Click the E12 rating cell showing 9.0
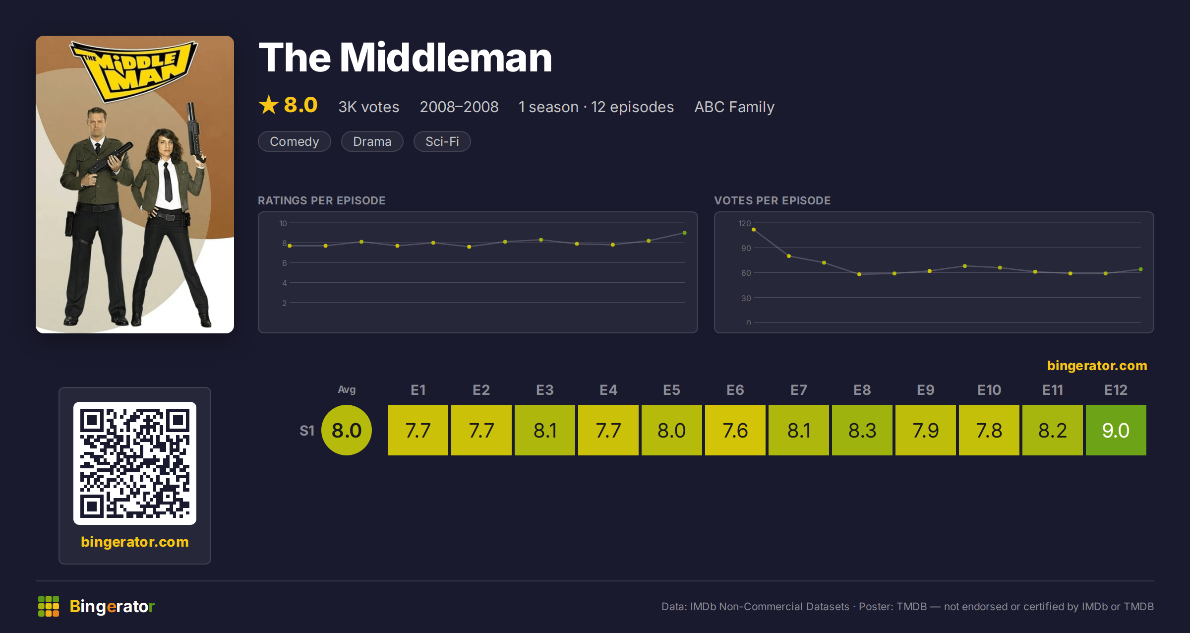click(x=1116, y=430)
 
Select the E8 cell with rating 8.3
click(x=862, y=430)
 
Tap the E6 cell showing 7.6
click(x=735, y=430)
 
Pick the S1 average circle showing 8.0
click(x=347, y=430)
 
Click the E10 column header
click(x=989, y=390)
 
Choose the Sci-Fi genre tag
click(x=442, y=141)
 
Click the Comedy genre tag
click(x=294, y=141)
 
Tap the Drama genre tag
click(x=372, y=141)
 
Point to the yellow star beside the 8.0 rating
click(x=269, y=105)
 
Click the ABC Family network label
click(x=734, y=107)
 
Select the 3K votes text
click(x=368, y=107)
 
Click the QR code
click(x=135, y=463)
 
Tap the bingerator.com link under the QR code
click(x=135, y=541)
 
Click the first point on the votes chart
click(x=754, y=230)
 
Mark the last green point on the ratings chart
click(x=684, y=233)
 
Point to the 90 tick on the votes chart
click(x=746, y=248)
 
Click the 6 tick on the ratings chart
click(x=284, y=263)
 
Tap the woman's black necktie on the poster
click(x=168, y=182)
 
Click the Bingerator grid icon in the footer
click(x=49, y=606)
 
